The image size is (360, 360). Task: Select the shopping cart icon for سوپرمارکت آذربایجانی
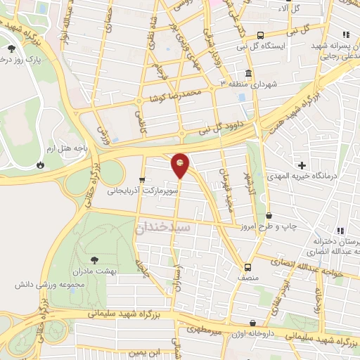(x=143, y=179)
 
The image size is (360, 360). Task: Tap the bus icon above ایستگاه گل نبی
(x=261, y=35)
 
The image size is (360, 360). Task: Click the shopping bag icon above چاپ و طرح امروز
(x=270, y=215)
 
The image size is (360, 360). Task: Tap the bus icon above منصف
(x=247, y=267)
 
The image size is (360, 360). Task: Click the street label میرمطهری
(x=205, y=329)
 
